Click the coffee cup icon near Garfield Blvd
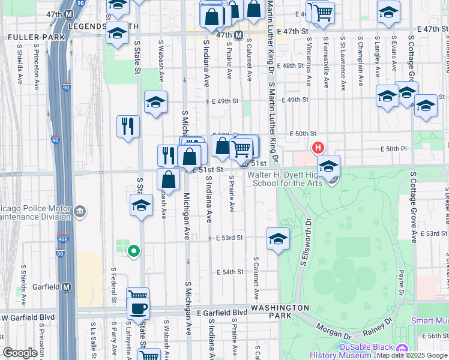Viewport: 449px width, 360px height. (139, 308)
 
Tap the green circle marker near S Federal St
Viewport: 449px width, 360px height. (134, 251)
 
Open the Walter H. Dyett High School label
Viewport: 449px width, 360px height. (285, 179)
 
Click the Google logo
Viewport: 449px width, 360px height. (20, 353)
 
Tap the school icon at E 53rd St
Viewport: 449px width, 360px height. (278, 239)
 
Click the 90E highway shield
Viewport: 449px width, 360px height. (63, 239)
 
